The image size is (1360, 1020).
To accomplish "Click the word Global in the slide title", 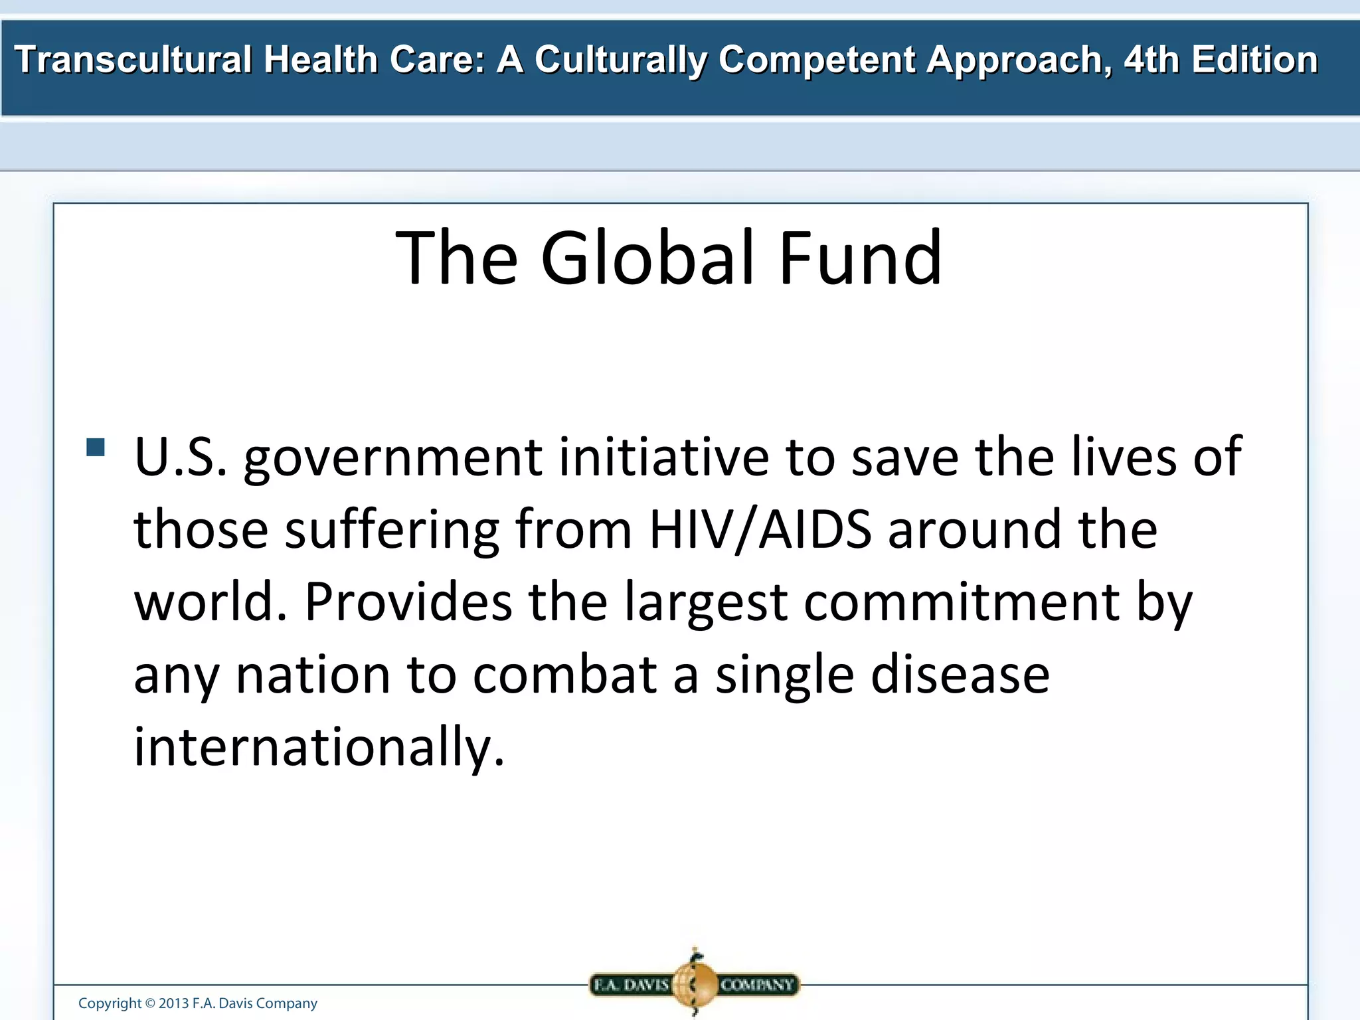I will (647, 258).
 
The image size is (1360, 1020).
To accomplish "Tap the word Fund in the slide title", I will (860, 258).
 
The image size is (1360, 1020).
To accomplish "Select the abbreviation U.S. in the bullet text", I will (180, 458).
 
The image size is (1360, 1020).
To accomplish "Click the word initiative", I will (663, 458).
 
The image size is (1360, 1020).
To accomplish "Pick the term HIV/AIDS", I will (760, 530).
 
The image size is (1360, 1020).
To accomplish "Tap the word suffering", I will (392, 531).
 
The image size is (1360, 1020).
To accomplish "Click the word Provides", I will (408, 602).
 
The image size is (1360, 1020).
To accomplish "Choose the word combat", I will (565, 675).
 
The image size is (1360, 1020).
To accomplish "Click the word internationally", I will (319, 747).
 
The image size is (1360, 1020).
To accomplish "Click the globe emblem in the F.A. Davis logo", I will (695, 983).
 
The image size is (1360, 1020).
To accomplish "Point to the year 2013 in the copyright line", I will (173, 1003).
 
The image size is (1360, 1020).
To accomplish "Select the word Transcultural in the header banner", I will (133, 60).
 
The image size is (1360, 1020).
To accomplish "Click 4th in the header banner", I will (1151, 60).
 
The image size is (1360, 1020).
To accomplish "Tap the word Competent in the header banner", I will (817, 60).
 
